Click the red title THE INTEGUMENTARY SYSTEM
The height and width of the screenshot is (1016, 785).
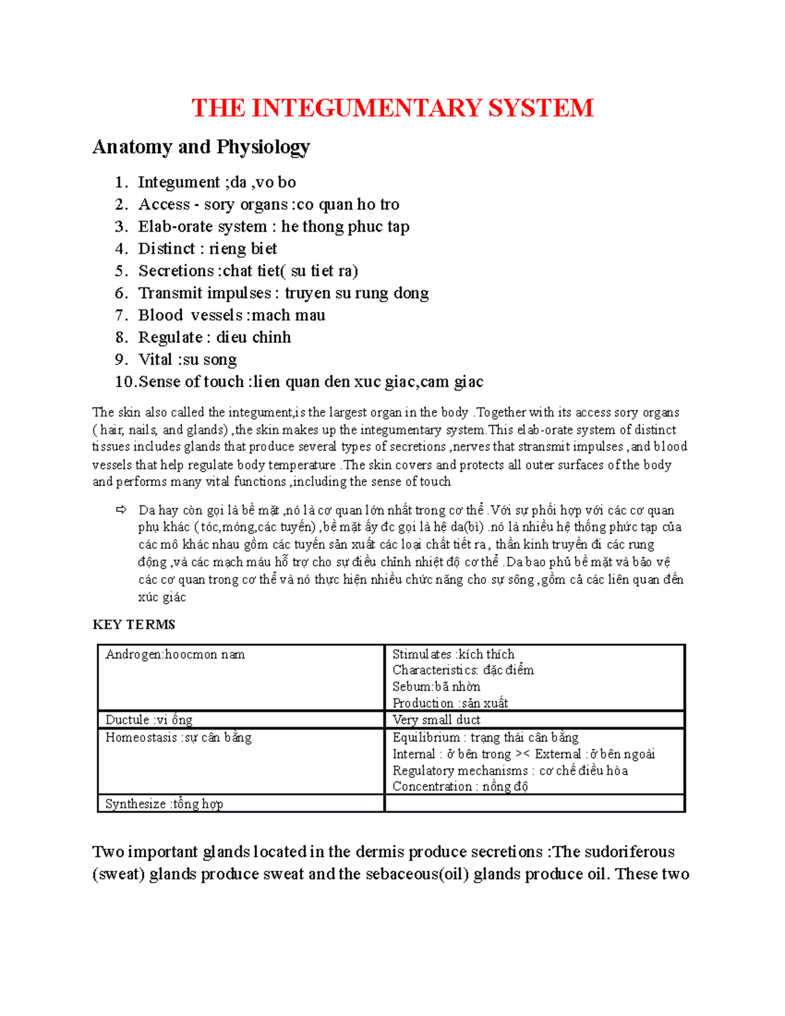[x=392, y=108]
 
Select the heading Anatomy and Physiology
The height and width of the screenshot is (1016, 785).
[x=201, y=147]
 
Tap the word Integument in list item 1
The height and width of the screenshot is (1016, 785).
[x=179, y=182]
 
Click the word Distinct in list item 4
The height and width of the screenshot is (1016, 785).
[x=166, y=249]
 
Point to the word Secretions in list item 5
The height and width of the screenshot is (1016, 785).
[x=176, y=271]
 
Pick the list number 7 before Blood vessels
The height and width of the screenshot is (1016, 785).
[x=120, y=315]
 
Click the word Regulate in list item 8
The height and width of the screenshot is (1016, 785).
[x=170, y=338]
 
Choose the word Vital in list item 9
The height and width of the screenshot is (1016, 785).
[x=155, y=360]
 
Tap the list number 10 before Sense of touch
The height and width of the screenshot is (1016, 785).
[x=124, y=382]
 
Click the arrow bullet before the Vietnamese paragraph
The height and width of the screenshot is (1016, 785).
[x=120, y=510]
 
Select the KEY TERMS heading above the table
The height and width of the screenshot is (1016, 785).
[x=133, y=625]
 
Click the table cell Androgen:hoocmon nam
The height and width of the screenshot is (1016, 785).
[x=175, y=654]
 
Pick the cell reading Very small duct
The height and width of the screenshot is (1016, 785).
[x=436, y=720]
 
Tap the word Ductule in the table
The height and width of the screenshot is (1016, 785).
[x=127, y=720]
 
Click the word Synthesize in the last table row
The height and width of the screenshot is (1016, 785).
[x=135, y=804]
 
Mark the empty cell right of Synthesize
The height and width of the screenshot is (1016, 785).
[x=534, y=804]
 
